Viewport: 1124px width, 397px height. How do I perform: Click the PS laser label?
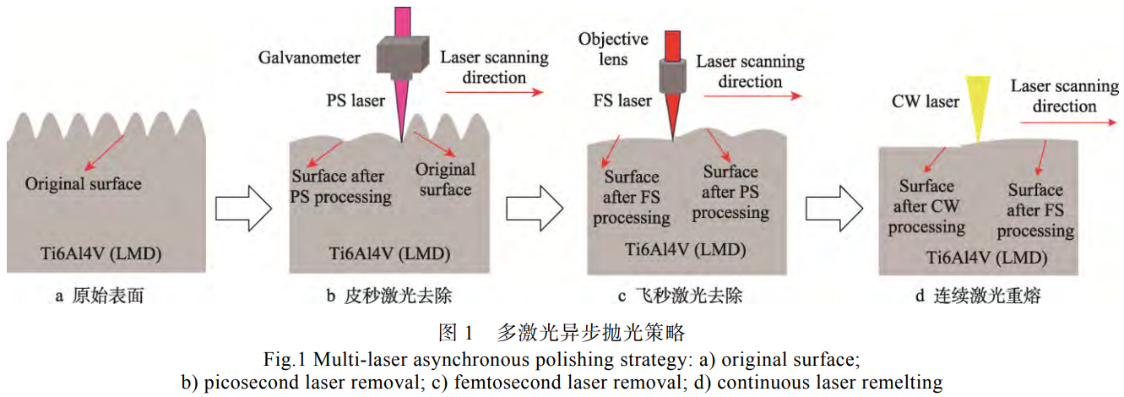coord(356,101)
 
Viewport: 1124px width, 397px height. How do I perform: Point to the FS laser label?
coord(622,101)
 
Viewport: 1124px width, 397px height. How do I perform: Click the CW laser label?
coord(926,101)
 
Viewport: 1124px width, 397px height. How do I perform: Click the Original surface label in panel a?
coord(84,183)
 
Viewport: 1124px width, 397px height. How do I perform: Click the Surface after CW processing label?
coord(926,206)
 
